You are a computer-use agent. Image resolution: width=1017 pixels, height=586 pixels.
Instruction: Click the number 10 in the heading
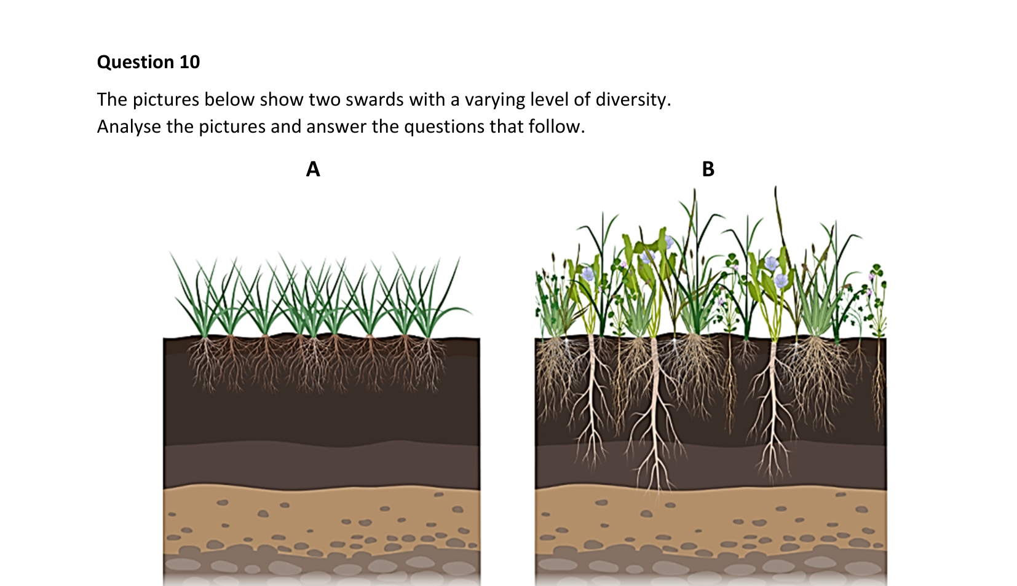coord(189,62)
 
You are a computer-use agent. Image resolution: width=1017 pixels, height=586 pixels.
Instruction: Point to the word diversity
coord(633,100)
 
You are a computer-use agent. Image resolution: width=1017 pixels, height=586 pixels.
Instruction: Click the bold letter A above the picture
coord(313,169)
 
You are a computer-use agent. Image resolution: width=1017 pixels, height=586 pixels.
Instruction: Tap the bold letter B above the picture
coord(708,169)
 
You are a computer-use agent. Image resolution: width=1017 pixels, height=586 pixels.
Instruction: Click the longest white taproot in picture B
coord(655,417)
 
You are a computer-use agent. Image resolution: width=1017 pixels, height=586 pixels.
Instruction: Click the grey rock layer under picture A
coord(322,567)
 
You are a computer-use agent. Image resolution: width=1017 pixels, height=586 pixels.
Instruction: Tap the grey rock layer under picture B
coord(711,567)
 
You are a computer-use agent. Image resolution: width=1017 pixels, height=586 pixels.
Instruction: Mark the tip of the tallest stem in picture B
coord(775,186)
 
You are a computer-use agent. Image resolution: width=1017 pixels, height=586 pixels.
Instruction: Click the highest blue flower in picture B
coord(668,242)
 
